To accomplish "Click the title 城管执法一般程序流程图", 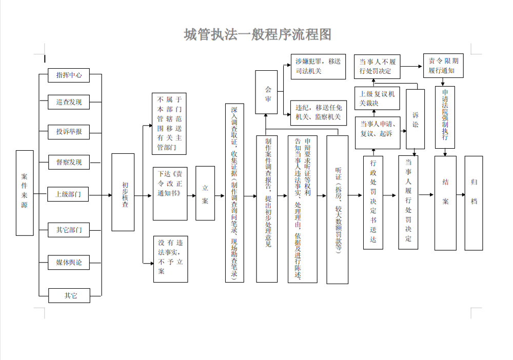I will pyautogui.click(x=258, y=34).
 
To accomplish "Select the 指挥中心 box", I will pyautogui.click(x=69, y=75).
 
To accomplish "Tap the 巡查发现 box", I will pyautogui.click(x=69, y=102).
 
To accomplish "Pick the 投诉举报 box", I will pyautogui.click(x=69, y=132).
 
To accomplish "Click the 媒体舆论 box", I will pyautogui.click(x=69, y=263).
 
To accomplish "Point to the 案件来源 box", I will pyautogui.click(x=25, y=193).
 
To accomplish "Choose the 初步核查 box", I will pyautogui.click(x=123, y=192).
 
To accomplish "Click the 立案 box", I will pyautogui.click(x=205, y=193).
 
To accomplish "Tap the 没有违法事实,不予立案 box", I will pyautogui.click(x=171, y=258).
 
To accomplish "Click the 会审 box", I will pyautogui.click(x=266, y=92).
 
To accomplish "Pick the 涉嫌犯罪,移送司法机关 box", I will pyautogui.click(x=318, y=66).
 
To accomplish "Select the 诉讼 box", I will pyautogui.click(x=415, y=118).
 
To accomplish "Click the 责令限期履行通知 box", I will pyautogui.click(x=443, y=65).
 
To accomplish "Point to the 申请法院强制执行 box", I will pyautogui.click(x=444, y=117).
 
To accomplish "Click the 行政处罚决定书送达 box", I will pyautogui.click(x=373, y=203).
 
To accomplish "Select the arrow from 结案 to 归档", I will pyautogui.click(x=460, y=195).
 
